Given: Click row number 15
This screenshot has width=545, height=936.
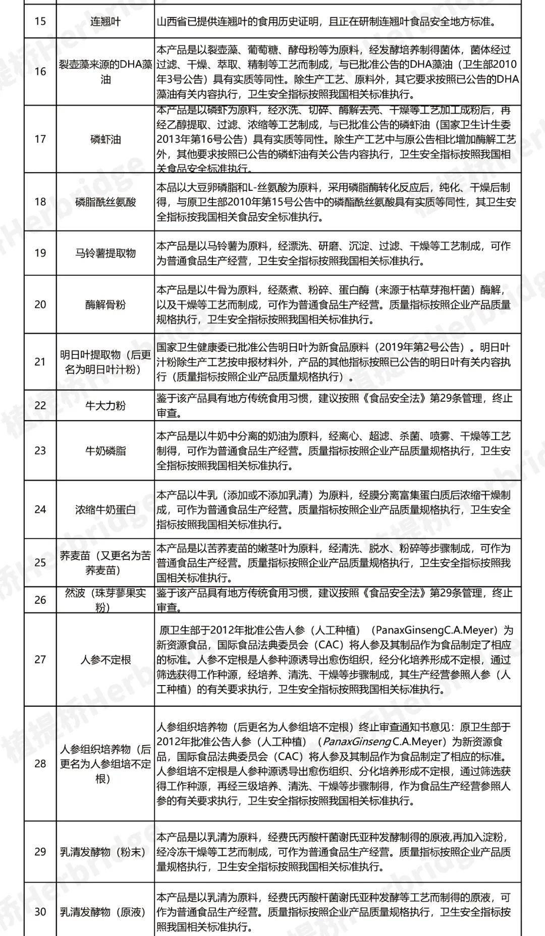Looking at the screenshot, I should coord(40,22).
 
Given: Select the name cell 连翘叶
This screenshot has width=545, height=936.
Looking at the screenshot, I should coord(105,22).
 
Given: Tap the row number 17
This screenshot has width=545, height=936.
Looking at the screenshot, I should coord(40,139).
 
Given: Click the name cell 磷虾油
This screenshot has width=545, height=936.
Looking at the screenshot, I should coord(105,139).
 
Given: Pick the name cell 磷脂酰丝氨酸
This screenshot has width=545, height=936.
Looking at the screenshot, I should coord(105,202).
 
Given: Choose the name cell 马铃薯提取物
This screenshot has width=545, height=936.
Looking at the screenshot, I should coord(105,253).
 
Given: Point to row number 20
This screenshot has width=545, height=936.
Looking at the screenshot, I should coord(40,304).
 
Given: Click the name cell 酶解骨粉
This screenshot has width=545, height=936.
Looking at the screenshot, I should coord(105,304).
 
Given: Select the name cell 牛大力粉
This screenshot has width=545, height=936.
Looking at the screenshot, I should coord(105,405).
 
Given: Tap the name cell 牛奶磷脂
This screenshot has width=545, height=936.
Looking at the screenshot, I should coord(105,450).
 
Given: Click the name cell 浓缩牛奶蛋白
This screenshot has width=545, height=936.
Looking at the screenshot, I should coord(105,509).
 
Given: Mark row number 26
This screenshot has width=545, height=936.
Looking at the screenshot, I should coord(40,600).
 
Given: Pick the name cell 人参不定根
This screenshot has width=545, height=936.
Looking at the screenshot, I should coord(105,659).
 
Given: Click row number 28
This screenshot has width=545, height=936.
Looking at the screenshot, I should coord(40,763).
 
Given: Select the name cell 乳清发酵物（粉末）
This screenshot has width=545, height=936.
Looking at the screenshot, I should coord(103,852).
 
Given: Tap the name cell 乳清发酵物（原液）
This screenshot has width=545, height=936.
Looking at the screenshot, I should coord(103,912).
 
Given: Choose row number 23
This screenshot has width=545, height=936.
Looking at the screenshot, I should coord(40,450).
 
